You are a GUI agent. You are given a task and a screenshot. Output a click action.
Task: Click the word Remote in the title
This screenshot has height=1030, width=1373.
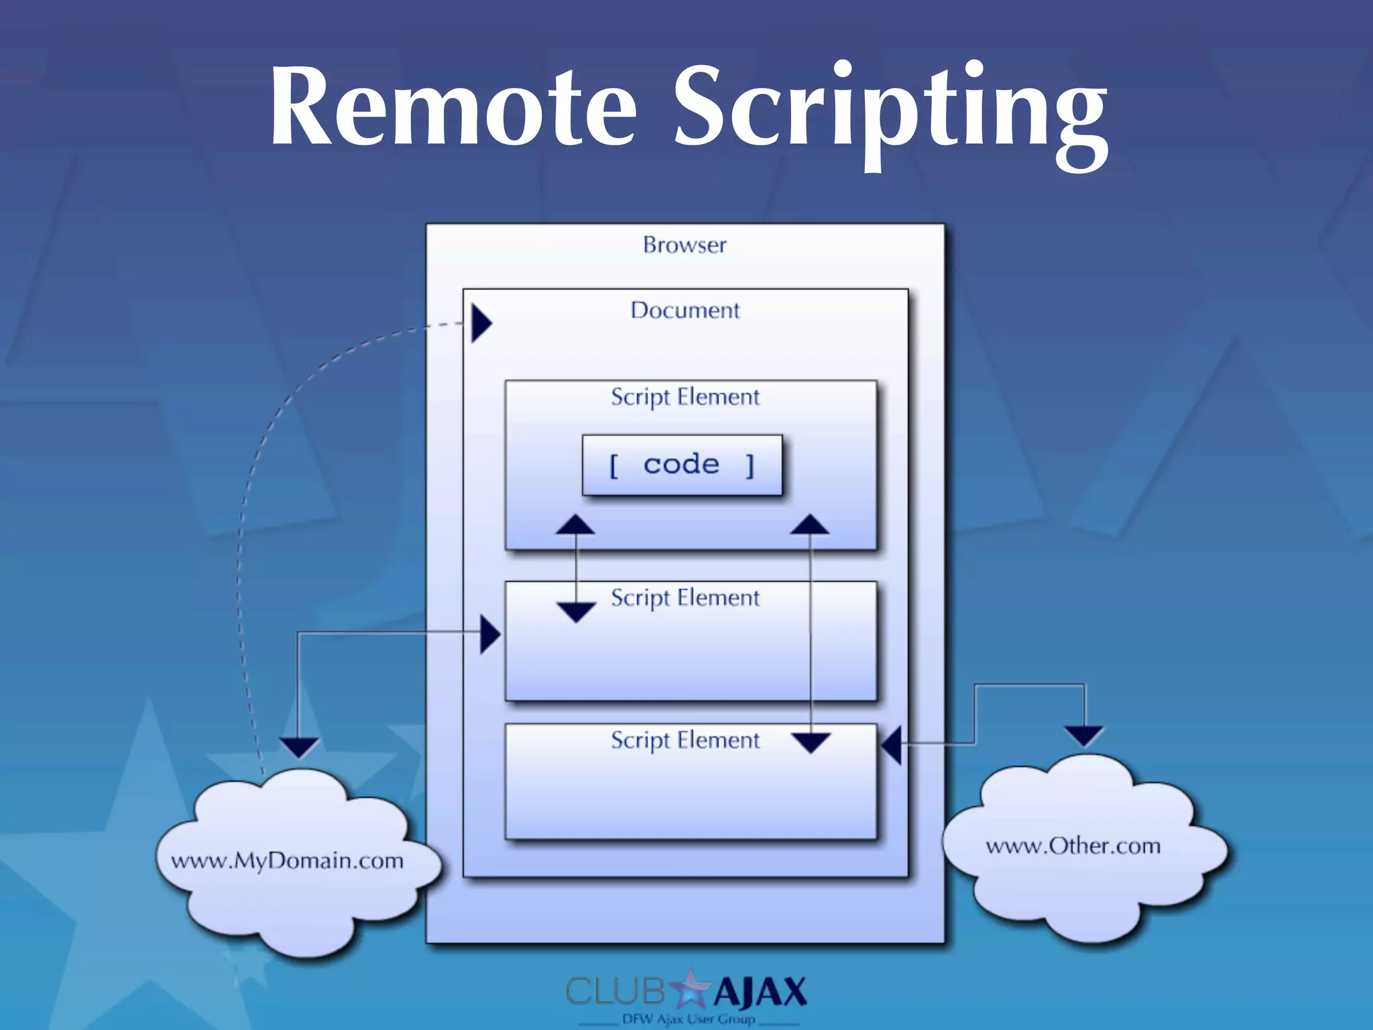(x=453, y=107)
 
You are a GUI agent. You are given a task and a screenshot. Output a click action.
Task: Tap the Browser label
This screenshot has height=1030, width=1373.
(x=684, y=245)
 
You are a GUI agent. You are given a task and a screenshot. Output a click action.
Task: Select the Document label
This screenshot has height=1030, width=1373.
(x=684, y=310)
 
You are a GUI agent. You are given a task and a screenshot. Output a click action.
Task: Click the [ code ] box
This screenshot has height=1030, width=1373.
(x=682, y=465)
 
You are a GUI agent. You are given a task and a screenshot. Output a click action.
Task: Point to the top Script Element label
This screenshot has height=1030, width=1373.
(x=684, y=396)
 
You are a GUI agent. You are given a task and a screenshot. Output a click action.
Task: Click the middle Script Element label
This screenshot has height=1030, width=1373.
(x=684, y=597)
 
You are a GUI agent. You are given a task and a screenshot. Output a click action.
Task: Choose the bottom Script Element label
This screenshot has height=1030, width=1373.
(x=684, y=740)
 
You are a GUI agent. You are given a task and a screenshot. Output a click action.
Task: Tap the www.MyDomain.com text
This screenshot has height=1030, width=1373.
(x=287, y=860)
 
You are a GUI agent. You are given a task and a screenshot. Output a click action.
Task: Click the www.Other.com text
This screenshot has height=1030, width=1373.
(x=1073, y=846)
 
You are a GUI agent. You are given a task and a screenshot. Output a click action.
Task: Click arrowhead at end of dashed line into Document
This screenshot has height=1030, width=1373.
(x=481, y=323)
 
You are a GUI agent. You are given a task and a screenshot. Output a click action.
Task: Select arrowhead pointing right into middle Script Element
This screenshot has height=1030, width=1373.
(x=490, y=634)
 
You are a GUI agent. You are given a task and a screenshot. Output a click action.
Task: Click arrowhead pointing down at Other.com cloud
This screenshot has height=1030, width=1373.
(x=1084, y=736)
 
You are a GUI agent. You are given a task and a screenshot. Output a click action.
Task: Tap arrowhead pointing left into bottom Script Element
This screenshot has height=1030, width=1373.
(x=892, y=744)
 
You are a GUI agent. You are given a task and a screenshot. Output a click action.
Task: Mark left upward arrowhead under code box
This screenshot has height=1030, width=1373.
(x=575, y=524)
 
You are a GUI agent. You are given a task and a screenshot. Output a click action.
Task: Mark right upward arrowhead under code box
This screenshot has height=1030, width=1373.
(x=810, y=524)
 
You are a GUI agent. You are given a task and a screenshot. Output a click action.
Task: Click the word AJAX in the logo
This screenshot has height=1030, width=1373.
(x=760, y=992)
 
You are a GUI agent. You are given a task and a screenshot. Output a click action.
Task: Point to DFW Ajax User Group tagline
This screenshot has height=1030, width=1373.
(x=689, y=1019)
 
